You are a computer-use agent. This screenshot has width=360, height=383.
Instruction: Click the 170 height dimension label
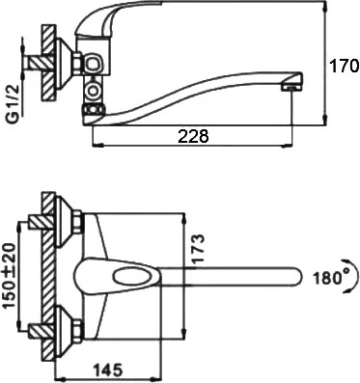click(x=346, y=66)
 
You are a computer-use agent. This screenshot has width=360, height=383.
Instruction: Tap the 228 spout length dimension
click(x=193, y=136)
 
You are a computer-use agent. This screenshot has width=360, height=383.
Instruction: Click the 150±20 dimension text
click(x=10, y=276)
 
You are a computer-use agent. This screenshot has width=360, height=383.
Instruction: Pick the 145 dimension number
click(x=108, y=370)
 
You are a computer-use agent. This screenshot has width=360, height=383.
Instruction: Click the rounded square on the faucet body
click(x=94, y=63)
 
